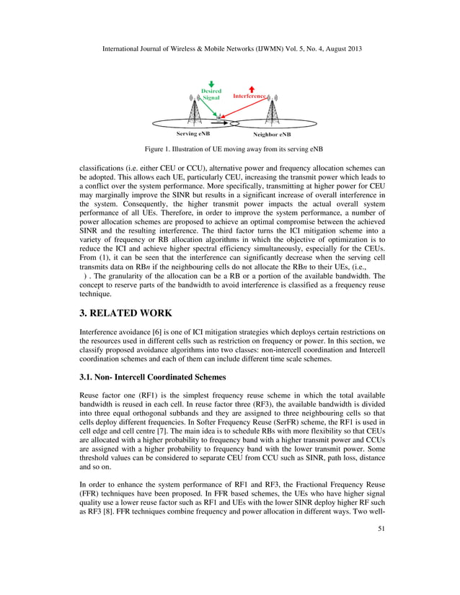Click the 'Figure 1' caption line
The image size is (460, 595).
click(230, 149)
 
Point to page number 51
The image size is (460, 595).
click(382, 570)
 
